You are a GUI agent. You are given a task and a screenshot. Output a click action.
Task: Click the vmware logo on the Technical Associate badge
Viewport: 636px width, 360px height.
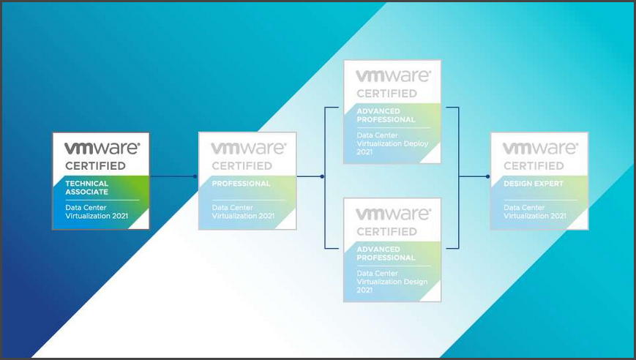(x=101, y=149)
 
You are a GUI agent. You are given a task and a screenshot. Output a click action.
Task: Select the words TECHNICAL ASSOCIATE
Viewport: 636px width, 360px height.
(x=86, y=187)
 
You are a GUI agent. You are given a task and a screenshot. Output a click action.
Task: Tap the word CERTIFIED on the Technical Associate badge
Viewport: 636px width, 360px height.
(x=95, y=166)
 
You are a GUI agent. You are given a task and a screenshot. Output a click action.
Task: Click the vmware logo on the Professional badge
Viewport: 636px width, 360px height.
(x=247, y=149)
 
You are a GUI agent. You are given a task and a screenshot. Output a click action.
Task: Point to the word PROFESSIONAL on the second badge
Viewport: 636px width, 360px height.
(x=241, y=184)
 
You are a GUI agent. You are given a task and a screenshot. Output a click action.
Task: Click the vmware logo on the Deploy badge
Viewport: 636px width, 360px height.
(x=392, y=76)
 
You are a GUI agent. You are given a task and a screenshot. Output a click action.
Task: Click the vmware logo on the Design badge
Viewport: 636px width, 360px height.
(x=392, y=214)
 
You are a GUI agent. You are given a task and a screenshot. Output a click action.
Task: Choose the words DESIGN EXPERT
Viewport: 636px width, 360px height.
(x=534, y=184)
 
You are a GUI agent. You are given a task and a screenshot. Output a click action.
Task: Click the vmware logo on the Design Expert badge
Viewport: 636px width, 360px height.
(x=539, y=149)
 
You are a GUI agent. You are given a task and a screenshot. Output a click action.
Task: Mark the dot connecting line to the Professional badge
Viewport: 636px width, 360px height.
(x=195, y=176)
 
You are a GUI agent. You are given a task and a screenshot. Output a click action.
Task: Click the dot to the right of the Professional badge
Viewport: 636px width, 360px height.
(x=323, y=176)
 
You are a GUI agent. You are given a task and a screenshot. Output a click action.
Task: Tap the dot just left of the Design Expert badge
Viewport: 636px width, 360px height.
(x=487, y=176)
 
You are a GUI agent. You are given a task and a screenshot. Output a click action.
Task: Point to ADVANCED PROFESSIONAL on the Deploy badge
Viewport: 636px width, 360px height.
(x=386, y=115)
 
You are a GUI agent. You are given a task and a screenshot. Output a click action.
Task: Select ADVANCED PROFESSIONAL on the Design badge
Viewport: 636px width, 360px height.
(x=386, y=253)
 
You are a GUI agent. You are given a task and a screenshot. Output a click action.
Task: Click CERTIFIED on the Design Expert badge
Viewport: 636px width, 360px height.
(x=534, y=166)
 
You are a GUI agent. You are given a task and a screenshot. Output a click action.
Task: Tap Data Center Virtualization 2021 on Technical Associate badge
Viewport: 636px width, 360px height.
(x=97, y=211)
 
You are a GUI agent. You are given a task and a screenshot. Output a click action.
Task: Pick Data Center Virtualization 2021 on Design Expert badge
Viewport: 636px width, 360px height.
(x=535, y=211)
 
